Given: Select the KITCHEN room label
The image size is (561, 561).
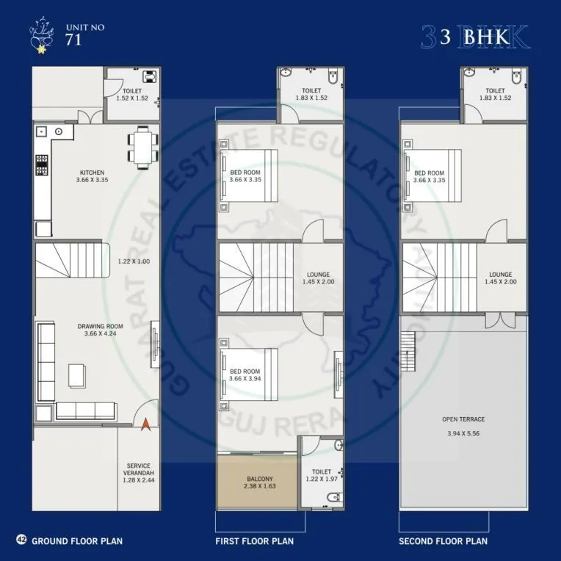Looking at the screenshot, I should pos(93,173).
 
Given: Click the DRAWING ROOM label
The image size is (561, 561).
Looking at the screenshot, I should pos(100,326).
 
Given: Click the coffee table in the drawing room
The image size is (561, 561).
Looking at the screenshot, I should pos(76,374).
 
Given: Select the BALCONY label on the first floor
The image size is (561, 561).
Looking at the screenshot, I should pos(256,477).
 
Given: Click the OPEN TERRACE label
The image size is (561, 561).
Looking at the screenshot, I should pos(463,419).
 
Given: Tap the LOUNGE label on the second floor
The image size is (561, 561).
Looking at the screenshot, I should pos(502,275).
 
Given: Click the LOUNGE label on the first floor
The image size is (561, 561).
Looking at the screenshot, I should pos(318,275).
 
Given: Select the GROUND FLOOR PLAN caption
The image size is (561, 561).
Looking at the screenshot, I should pos(77,541).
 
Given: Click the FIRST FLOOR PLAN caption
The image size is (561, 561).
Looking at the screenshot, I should pos(254,541).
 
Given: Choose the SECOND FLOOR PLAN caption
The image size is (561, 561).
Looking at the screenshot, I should pos(443,541).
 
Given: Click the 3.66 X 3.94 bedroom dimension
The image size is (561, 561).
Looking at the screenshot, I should pos(245,379).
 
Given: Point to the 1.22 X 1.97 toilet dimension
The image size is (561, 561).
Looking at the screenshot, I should pos(322,479).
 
